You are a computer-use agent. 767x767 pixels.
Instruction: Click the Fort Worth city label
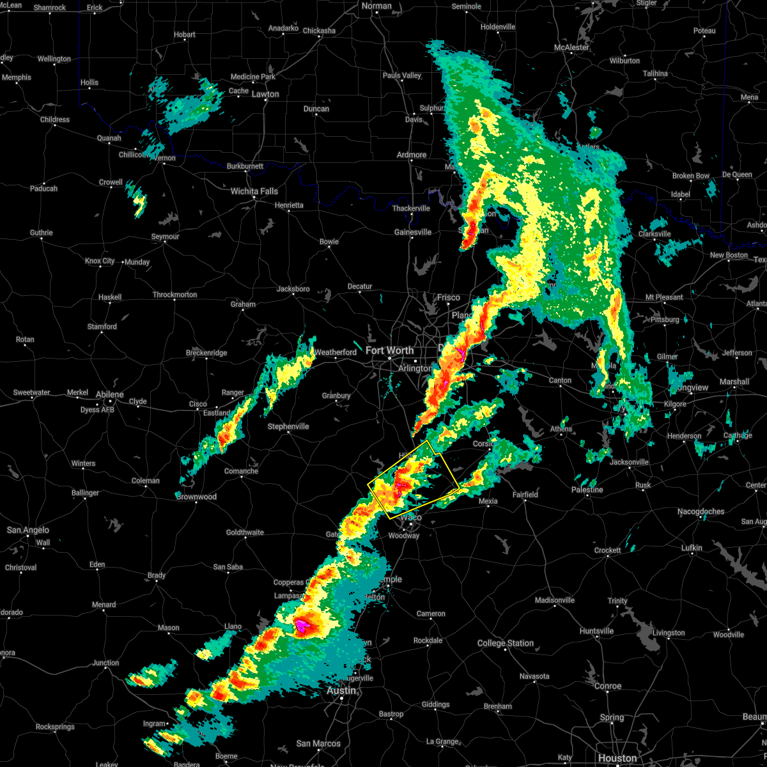(389, 350)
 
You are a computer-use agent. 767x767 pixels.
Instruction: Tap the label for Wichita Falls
(254, 191)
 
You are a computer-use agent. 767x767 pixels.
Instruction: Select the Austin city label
(341, 691)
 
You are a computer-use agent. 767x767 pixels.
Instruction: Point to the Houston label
(617, 758)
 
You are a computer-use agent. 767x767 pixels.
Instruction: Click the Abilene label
(109, 394)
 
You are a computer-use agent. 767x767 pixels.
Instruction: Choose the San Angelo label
(27, 530)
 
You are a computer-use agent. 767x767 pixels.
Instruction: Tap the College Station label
(505, 643)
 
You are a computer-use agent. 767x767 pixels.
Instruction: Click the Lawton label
(265, 94)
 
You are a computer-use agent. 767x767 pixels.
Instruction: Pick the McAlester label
(571, 47)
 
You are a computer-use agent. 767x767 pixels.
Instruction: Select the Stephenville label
(288, 426)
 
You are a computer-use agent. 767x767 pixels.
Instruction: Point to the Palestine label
(587, 490)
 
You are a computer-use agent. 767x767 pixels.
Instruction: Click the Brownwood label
(196, 497)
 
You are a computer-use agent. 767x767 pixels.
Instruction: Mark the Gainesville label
(412, 232)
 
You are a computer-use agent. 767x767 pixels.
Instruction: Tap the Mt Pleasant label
(663, 297)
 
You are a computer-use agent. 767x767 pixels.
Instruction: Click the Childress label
(55, 120)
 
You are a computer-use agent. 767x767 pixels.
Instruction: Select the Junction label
(105, 663)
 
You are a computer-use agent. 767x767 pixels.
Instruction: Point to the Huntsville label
(596, 631)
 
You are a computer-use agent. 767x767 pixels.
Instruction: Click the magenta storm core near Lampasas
(301, 626)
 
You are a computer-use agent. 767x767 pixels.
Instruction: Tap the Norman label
(376, 6)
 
